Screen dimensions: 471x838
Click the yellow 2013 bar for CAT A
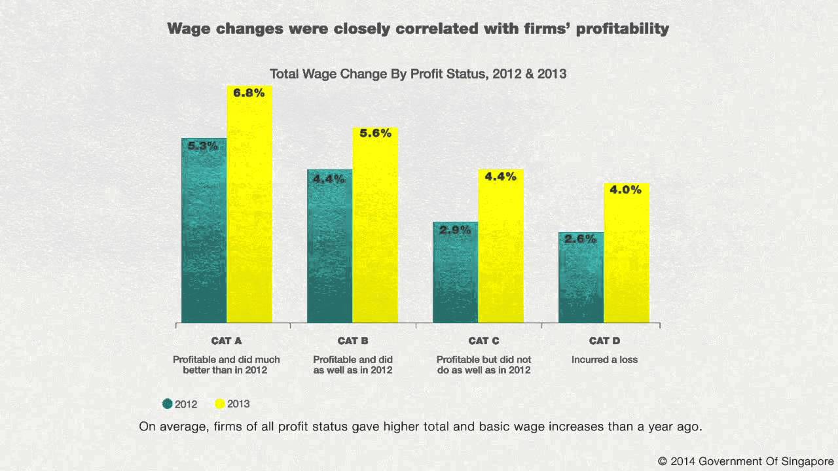click(x=249, y=209)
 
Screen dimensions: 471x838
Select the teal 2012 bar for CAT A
click(x=204, y=235)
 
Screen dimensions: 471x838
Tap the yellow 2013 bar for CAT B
click(x=375, y=229)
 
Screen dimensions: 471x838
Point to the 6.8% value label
click(x=249, y=93)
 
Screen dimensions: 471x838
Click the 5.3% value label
click(x=203, y=146)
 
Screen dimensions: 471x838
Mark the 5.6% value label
click(x=376, y=133)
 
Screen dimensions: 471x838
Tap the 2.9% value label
click(x=455, y=230)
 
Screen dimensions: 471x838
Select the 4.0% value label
click(x=626, y=190)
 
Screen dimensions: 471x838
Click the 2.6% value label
click(x=581, y=239)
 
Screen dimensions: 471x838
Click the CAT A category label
click(x=227, y=341)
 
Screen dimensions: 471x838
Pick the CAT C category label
click(x=484, y=341)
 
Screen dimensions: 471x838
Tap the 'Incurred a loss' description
click(x=604, y=359)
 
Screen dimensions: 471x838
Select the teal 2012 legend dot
click(x=168, y=404)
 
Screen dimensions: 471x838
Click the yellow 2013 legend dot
click(x=220, y=404)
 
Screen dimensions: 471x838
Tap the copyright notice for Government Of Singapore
click(x=746, y=461)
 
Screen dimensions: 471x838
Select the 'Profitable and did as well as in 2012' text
click(x=353, y=364)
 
